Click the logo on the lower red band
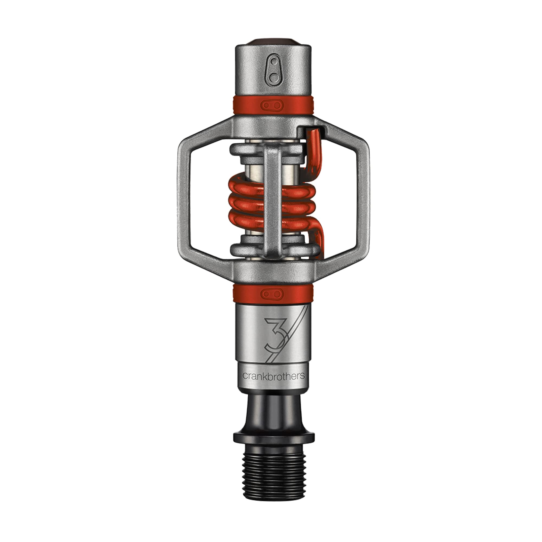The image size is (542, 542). (272, 293)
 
